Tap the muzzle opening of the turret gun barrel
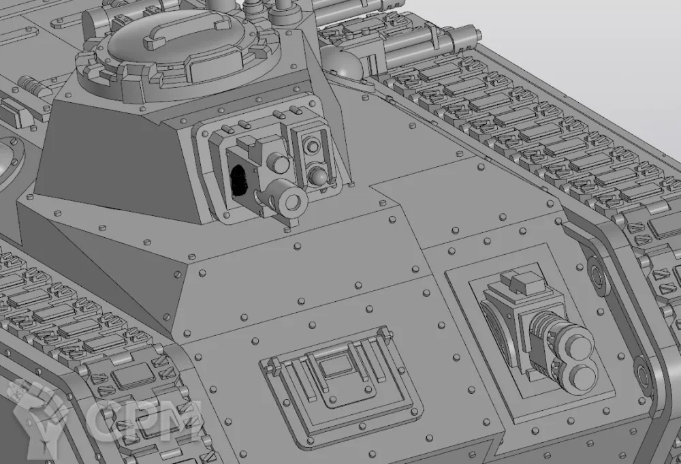293,201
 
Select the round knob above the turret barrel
278,163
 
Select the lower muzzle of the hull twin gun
581,377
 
